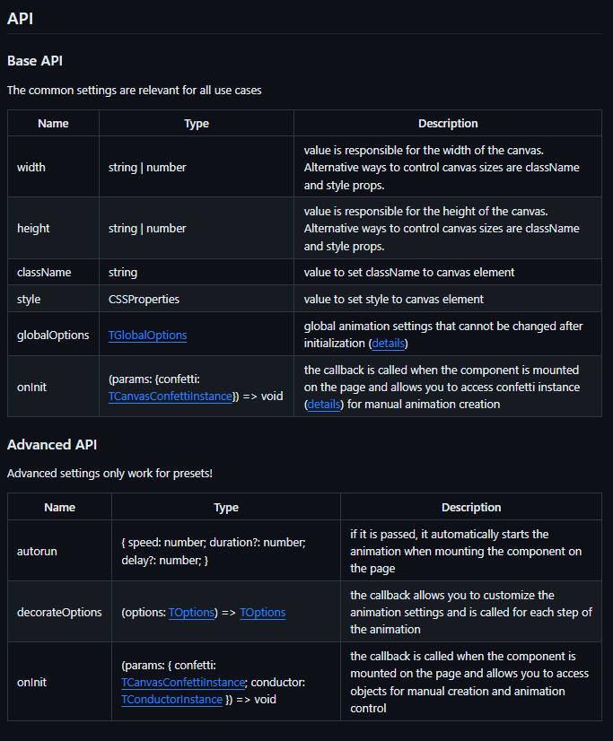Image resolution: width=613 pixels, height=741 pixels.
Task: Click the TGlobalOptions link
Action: tap(148, 335)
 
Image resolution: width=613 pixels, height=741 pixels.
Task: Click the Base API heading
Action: tap(35, 61)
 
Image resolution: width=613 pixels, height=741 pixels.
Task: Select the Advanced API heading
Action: tap(52, 444)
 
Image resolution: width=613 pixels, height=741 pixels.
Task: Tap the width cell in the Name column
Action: tap(31, 167)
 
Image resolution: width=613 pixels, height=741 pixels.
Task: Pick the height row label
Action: tap(33, 228)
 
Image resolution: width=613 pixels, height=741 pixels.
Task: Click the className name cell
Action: tap(44, 272)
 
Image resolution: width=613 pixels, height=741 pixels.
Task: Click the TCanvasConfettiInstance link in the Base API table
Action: tap(169, 396)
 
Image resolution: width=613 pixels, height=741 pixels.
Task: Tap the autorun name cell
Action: tap(37, 551)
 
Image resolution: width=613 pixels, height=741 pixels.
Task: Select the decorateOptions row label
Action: tap(59, 612)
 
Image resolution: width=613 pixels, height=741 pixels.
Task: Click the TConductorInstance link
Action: tap(171, 699)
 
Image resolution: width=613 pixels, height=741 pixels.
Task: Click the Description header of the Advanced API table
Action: tap(471, 507)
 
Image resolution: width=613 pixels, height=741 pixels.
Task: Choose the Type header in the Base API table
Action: tap(197, 123)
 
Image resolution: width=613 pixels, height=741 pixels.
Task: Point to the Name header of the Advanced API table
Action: tap(60, 507)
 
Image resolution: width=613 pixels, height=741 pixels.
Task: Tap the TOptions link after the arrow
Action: tap(262, 612)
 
